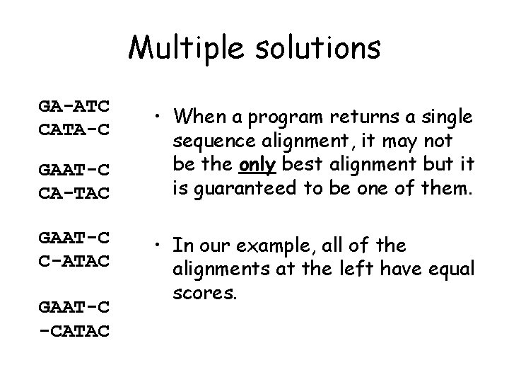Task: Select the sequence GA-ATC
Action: coord(74,106)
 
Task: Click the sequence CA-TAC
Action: coord(74,191)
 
